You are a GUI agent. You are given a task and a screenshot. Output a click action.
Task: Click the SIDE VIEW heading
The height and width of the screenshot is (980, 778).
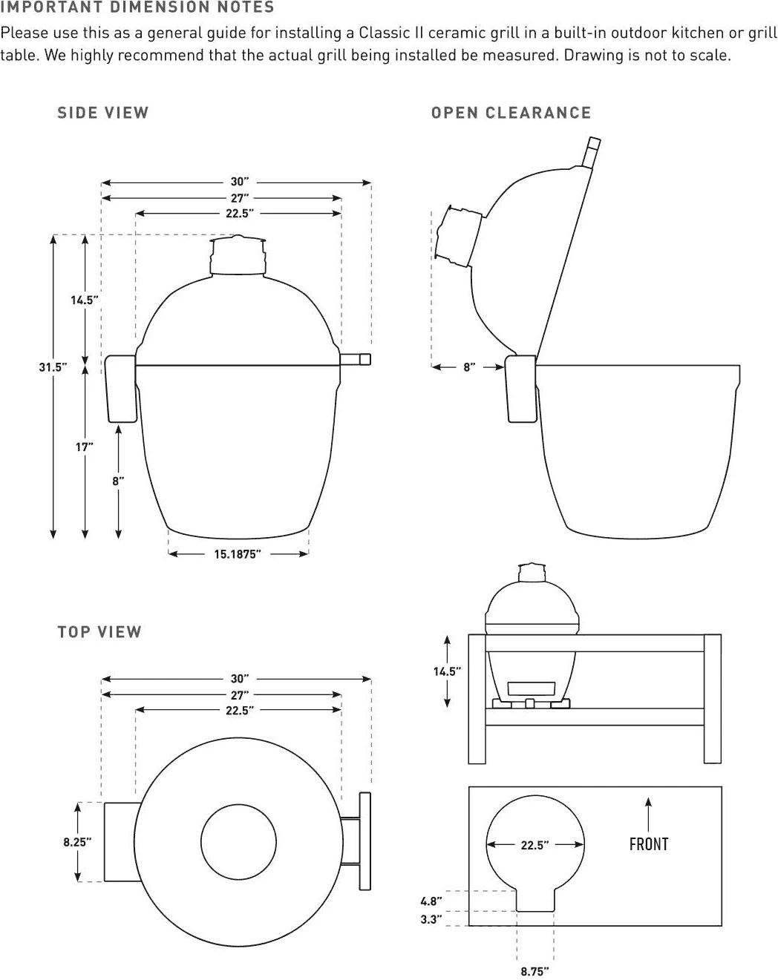click(103, 113)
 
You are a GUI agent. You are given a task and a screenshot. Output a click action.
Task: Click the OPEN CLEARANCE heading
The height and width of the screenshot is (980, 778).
click(511, 113)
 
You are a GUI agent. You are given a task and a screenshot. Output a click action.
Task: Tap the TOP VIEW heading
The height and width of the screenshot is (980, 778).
click(99, 632)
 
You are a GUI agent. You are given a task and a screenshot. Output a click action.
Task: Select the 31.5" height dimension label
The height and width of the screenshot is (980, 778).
click(53, 367)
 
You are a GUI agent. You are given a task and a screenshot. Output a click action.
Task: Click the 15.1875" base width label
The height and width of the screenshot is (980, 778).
click(238, 554)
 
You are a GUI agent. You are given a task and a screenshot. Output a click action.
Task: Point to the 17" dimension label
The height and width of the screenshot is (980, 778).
click(85, 447)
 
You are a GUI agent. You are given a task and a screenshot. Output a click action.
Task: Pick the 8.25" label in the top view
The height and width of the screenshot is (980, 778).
click(77, 843)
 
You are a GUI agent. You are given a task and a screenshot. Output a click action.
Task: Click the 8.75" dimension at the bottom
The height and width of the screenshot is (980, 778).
click(535, 971)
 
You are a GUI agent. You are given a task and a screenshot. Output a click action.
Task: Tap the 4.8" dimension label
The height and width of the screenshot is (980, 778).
click(431, 901)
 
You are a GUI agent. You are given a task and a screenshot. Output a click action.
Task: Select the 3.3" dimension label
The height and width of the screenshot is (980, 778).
click(431, 919)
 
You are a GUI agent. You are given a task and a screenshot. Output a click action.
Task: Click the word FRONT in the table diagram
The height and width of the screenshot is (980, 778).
click(649, 844)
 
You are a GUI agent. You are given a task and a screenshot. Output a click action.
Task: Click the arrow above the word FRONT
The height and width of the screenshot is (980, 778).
click(648, 815)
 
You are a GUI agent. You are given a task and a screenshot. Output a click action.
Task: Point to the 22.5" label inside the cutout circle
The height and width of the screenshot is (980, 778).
click(535, 845)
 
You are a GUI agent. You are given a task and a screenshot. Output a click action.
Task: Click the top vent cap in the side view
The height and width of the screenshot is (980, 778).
click(238, 255)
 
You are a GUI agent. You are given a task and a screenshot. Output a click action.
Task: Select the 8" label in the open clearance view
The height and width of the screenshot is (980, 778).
click(469, 367)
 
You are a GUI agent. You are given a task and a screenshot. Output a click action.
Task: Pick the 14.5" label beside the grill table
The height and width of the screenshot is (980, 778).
click(447, 671)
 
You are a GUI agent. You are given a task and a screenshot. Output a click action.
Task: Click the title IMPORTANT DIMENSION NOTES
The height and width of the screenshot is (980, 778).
click(137, 7)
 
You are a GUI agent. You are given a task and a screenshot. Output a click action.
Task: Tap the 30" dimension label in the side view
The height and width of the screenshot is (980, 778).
click(240, 182)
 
